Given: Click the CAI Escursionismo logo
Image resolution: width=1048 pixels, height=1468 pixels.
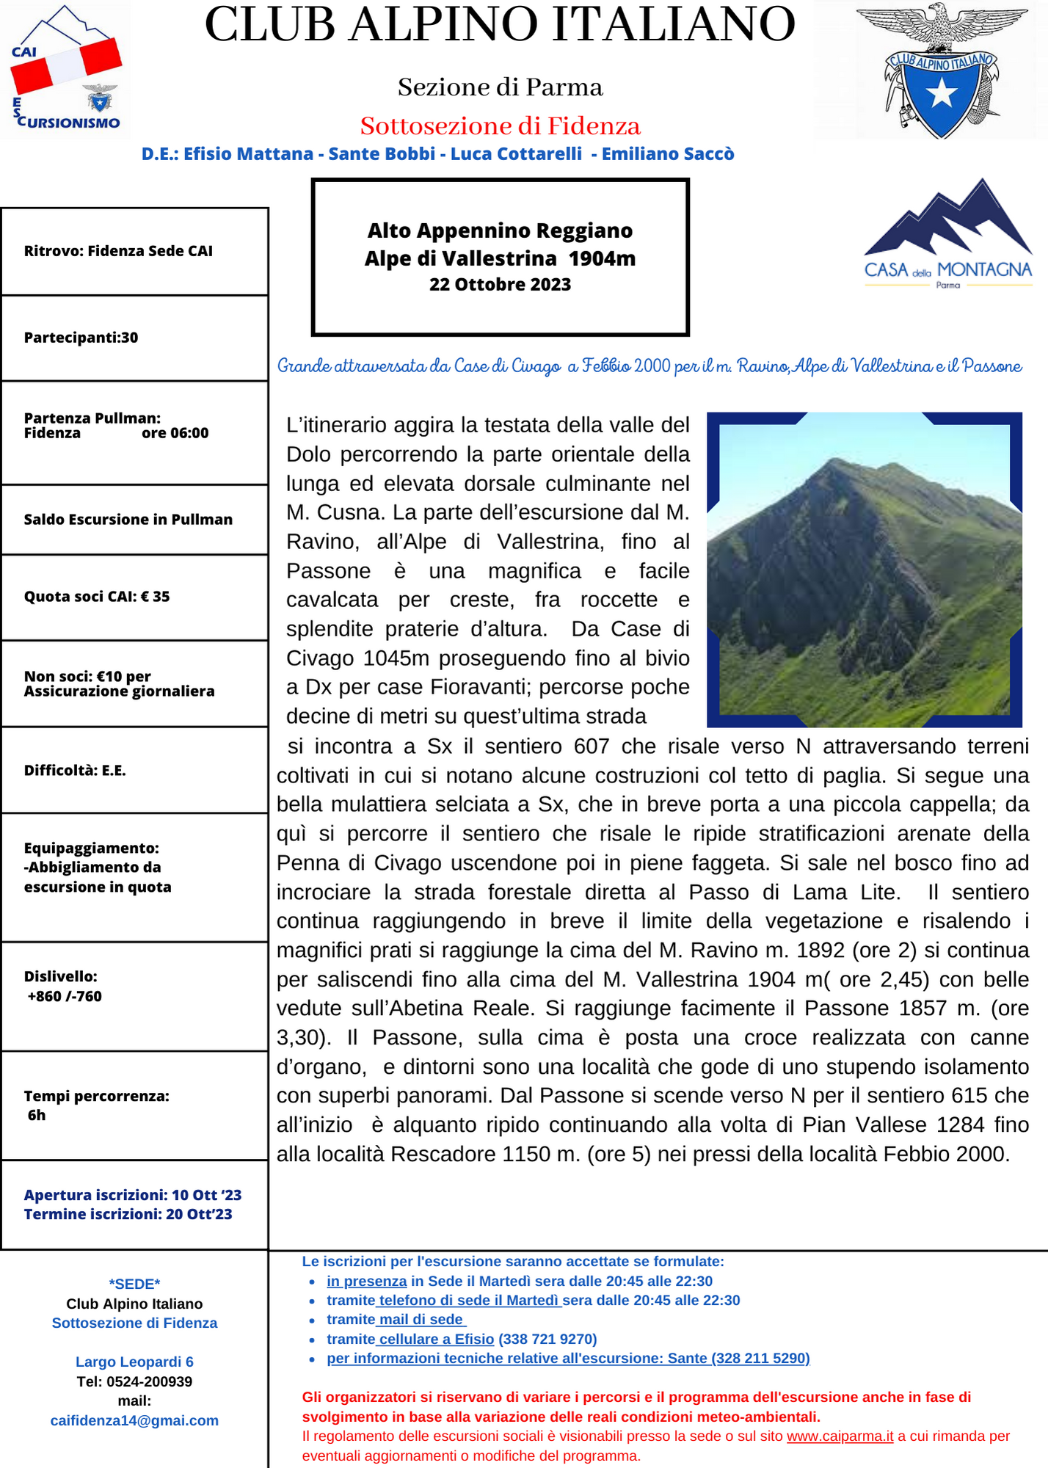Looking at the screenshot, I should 66,70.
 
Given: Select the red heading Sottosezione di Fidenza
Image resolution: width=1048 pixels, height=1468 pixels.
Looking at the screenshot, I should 500,126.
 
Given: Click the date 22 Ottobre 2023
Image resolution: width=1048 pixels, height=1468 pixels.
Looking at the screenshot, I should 500,285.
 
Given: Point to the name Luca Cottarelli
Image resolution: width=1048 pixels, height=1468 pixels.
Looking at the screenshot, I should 516,154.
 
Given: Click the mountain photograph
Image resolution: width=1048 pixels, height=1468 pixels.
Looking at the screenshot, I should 864,570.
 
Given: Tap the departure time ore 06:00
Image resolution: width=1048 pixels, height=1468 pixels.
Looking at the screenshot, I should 175,433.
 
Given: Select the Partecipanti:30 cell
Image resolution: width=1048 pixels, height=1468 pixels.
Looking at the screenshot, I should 81,338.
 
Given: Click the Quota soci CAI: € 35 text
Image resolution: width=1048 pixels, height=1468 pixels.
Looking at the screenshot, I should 97,597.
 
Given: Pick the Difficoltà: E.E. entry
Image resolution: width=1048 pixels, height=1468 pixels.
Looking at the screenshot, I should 75,771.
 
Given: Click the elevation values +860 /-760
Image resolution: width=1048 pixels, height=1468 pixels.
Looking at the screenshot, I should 65,996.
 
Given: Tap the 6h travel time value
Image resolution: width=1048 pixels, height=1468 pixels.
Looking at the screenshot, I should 37,1115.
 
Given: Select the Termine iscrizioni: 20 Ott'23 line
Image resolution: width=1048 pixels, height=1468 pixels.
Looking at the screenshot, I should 128,1214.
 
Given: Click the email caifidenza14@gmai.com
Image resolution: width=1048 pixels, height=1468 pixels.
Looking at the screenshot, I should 134,1420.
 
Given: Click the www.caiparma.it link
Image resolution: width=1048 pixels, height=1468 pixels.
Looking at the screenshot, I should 840,1436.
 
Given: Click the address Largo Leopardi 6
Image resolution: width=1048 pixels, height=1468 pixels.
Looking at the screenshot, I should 134,1362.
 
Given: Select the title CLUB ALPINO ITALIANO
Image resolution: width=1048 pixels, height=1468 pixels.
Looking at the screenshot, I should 500,25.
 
